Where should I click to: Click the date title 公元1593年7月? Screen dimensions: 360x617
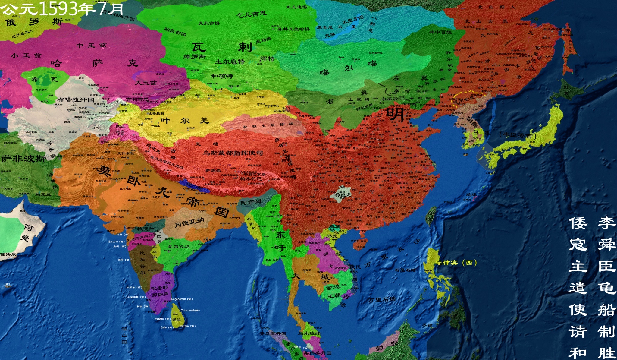(x=62, y=8)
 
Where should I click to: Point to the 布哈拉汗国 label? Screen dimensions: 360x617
(x=76, y=99)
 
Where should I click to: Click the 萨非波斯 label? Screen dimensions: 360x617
(x=23, y=158)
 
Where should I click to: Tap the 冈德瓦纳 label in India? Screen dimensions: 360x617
(x=189, y=223)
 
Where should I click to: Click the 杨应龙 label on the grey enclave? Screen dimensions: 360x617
(x=343, y=194)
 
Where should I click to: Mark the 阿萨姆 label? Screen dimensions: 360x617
(x=251, y=202)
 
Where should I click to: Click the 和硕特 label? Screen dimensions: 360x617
(x=222, y=76)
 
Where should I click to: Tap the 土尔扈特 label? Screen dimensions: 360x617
(x=230, y=62)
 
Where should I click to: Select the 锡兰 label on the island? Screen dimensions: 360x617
(x=176, y=320)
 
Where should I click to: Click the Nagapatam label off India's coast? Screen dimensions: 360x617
(x=181, y=299)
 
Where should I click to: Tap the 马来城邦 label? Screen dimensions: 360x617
(x=309, y=333)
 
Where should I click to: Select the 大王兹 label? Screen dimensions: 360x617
(x=146, y=82)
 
